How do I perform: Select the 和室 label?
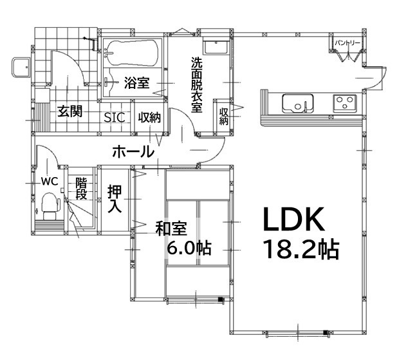171,228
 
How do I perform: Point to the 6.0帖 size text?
190,249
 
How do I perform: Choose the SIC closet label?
115,117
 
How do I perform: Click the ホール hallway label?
133,153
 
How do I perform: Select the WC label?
50,182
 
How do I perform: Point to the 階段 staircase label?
81,189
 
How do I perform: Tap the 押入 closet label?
115,199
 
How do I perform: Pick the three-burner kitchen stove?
344,102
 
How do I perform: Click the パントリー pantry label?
348,43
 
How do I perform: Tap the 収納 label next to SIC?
149,117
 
